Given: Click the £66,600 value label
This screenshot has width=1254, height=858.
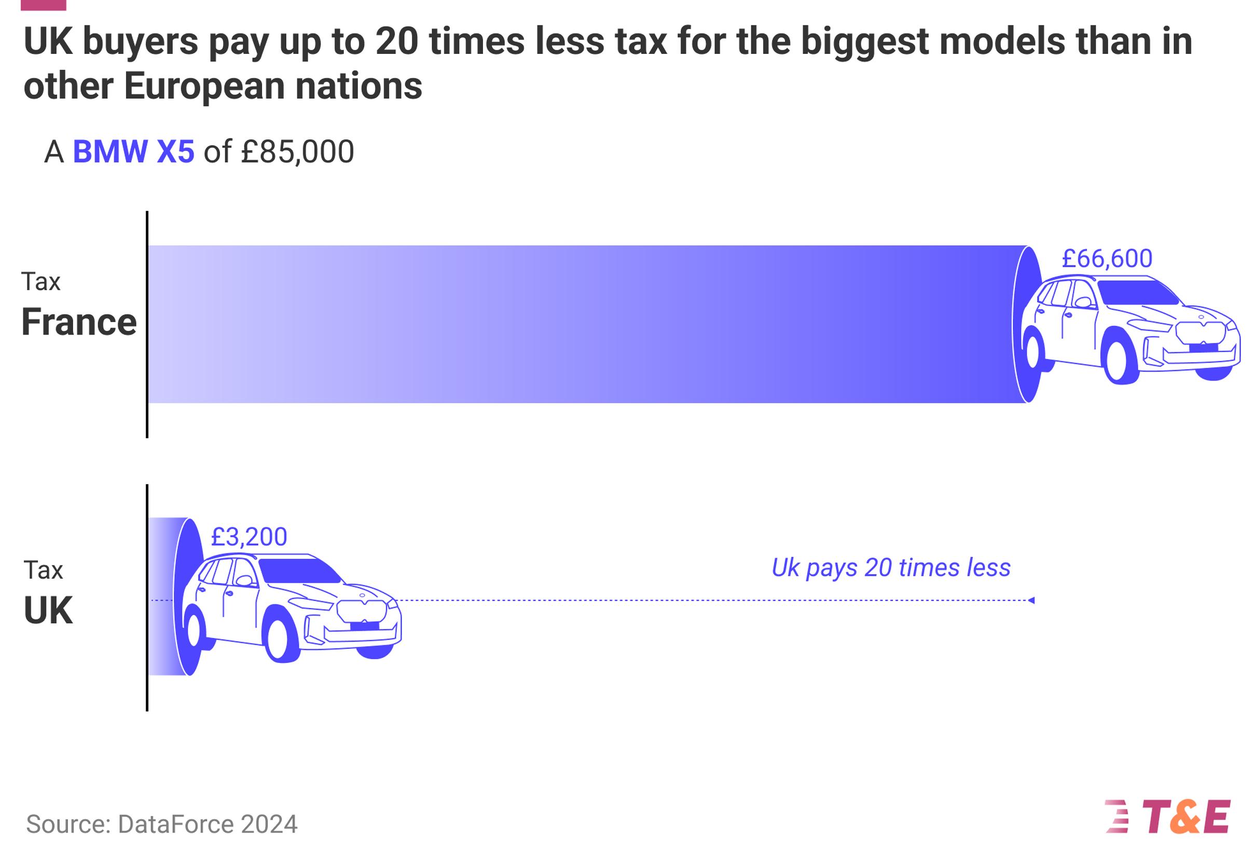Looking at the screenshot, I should click(x=1107, y=258).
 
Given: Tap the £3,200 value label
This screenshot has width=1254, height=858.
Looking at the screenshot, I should click(x=249, y=536).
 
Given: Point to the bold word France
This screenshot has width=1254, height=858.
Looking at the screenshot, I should click(x=79, y=322).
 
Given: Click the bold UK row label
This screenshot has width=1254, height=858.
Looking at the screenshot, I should click(x=48, y=611).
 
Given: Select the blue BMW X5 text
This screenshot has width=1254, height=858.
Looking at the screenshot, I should click(x=133, y=151).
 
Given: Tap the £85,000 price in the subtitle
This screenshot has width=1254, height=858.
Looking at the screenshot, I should click(x=297, y=151).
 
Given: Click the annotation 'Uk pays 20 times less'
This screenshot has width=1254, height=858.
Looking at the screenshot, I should click(x=890, y=568).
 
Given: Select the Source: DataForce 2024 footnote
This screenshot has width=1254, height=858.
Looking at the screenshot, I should click(x=161, y=824).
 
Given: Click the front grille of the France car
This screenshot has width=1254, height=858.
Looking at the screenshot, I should click(x=1200, y=331).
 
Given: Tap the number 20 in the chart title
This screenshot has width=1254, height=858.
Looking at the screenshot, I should click(x=396, y=41).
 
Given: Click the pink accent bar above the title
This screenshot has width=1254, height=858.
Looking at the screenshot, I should click(x=43, y=5).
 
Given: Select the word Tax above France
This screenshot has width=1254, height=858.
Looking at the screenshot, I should click(x=40, y=282).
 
